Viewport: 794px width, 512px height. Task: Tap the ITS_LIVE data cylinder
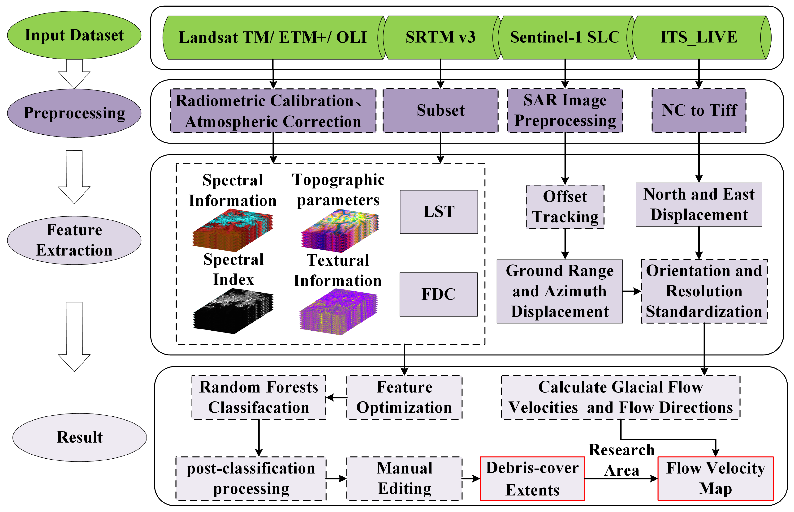[699, 37]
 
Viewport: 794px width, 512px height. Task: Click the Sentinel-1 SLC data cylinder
[565, 37]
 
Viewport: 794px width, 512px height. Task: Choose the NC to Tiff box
[699, 110]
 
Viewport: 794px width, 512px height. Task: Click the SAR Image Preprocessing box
[565, 110]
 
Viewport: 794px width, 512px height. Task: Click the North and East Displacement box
[699, 205]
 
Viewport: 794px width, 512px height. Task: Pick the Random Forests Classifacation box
[259, 397]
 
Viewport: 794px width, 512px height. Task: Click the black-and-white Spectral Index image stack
[233, 311]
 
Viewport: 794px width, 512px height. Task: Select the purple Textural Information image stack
[338, 311]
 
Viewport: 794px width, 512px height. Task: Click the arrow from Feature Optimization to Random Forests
[336, 397]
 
